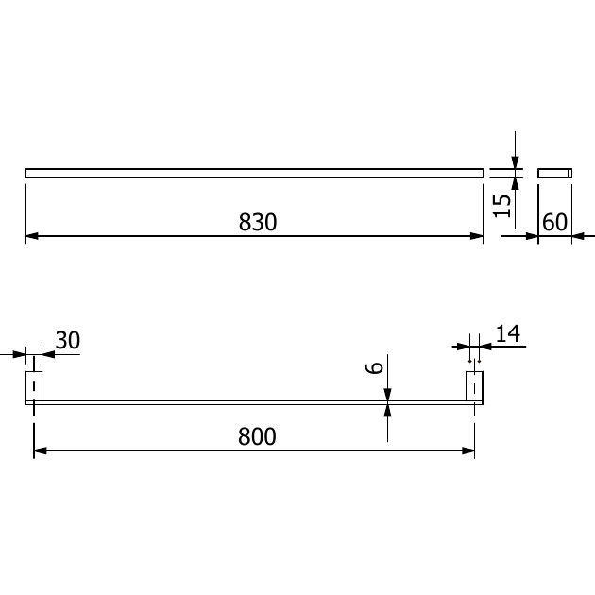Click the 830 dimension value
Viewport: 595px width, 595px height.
coord(258,222)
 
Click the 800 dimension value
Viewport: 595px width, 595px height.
coord(257,436)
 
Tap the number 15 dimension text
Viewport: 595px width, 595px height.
coord(501,206)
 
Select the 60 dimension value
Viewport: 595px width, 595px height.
coord(554,222)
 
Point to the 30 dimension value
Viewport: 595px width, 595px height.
coord(68,340)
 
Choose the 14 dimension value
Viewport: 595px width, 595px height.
coord(508,334)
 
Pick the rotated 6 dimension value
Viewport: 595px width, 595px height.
coord(374,368)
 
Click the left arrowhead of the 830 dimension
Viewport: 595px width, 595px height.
coord(32,236)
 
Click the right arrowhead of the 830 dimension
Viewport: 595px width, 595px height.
coord(477,236)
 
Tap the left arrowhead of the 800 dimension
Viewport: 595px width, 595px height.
coord(41,450)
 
